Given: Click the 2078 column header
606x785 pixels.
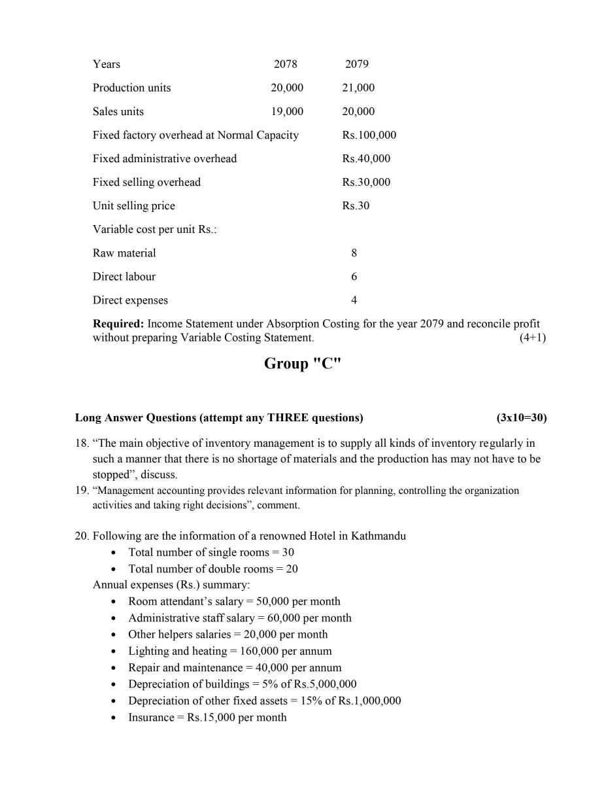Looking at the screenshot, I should click(285, 64).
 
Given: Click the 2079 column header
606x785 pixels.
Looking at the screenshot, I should click(356, 64).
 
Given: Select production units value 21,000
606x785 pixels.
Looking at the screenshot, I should click(358, 88).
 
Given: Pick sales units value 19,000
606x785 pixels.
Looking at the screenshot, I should click(287, 111).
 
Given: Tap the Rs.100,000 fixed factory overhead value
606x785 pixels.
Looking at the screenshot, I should click(369, 135).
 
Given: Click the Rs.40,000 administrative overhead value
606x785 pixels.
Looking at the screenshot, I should click(366, 158).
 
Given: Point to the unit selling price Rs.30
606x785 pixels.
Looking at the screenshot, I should click(356, 205).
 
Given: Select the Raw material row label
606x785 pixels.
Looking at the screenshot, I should click(124, 253).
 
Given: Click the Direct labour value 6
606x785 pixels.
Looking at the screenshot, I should click(354, 277).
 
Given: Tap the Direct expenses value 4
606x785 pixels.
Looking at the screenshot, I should click(354, 300).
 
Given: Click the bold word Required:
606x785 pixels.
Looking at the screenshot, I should click(118, 324).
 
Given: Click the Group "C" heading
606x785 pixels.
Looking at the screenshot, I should click(303, 364).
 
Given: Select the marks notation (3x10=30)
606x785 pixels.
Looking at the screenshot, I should click(521, 417).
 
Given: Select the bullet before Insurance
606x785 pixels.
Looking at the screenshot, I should click(115, 718).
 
